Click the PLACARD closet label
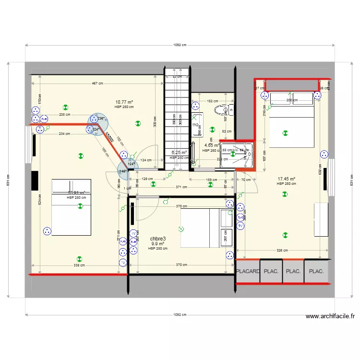click(248, 271)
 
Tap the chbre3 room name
click(158, 239)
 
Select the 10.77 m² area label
click(124, 102)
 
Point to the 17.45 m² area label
click(287, 179)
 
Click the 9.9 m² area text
click(158, 244)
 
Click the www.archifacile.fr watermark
click(330, 316)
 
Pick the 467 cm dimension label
click(97, 84)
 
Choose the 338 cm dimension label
click(79, 265)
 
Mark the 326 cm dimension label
click(282, 250)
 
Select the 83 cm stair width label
click(177, 77)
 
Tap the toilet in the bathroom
click(223, 111)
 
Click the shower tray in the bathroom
click(237, 154)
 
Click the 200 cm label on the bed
click(292, 101)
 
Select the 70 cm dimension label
click(246, 180)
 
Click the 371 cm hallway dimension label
click(181, 187)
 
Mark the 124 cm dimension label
click(146, 160)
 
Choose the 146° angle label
click(123, 171)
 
